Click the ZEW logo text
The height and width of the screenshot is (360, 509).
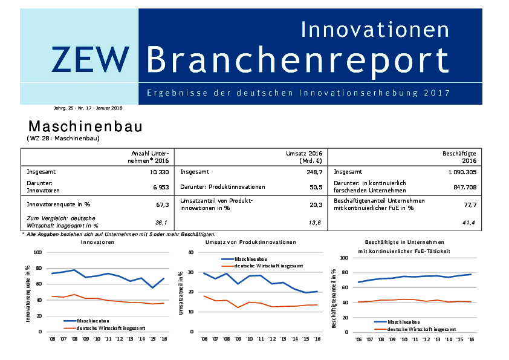(91, 59)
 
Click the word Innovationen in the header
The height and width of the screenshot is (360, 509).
(375, 29)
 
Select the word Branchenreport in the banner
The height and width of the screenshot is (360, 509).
(298, 59)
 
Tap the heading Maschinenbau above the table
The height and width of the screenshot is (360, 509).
(85, 127)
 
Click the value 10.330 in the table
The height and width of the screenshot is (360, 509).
(157, 172)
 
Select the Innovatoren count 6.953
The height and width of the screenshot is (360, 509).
(159, 188)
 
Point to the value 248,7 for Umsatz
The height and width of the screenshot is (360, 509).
(313, 172)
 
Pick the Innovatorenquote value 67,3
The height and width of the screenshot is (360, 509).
(161, 205)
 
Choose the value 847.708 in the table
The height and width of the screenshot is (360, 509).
(464, 188)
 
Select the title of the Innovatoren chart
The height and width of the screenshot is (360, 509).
(97, 242)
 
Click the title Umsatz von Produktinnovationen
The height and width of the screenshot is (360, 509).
(250, 242)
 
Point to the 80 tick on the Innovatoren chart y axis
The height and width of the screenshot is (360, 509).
(38, 268)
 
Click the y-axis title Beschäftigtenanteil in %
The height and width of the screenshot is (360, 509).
(334, 299)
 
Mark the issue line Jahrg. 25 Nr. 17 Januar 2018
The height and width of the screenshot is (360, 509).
(88, 108)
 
